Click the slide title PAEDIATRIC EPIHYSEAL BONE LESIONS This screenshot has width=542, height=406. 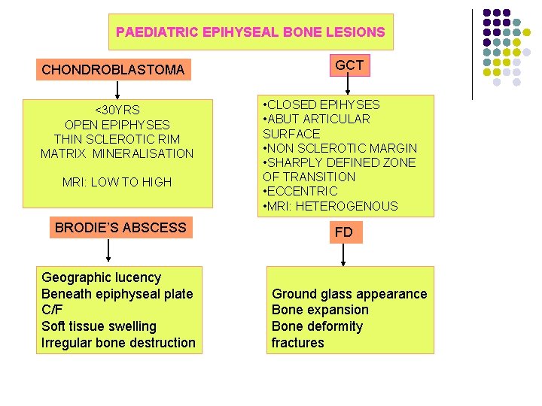tap(250, 32)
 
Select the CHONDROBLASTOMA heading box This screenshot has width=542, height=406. tap(113, 70)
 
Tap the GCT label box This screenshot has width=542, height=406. tap(349, 65)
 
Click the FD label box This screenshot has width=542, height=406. tap(343, 232)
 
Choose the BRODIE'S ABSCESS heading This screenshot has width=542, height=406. tap(120, 227)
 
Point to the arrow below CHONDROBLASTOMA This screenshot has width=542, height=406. tap(116, 90)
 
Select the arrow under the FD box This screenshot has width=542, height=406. tap(343, 255)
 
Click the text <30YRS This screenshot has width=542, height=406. tap(117, 110)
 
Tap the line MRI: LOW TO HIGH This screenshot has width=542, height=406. tap(117, 182)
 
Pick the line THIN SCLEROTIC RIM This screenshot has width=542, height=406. tap(117, 139)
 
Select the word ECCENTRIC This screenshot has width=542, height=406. tap(302, 191)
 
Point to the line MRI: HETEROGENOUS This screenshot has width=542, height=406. tap(330, 206)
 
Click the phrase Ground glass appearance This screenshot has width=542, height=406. tap(349, 294)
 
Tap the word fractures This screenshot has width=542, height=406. tap(298, 343)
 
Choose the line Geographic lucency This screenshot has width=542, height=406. tap(102, 277)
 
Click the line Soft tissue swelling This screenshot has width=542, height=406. tap(99, 326)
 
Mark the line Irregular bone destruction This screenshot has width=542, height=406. tap(118, 343)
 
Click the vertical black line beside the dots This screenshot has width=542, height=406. tap(472, 54)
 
